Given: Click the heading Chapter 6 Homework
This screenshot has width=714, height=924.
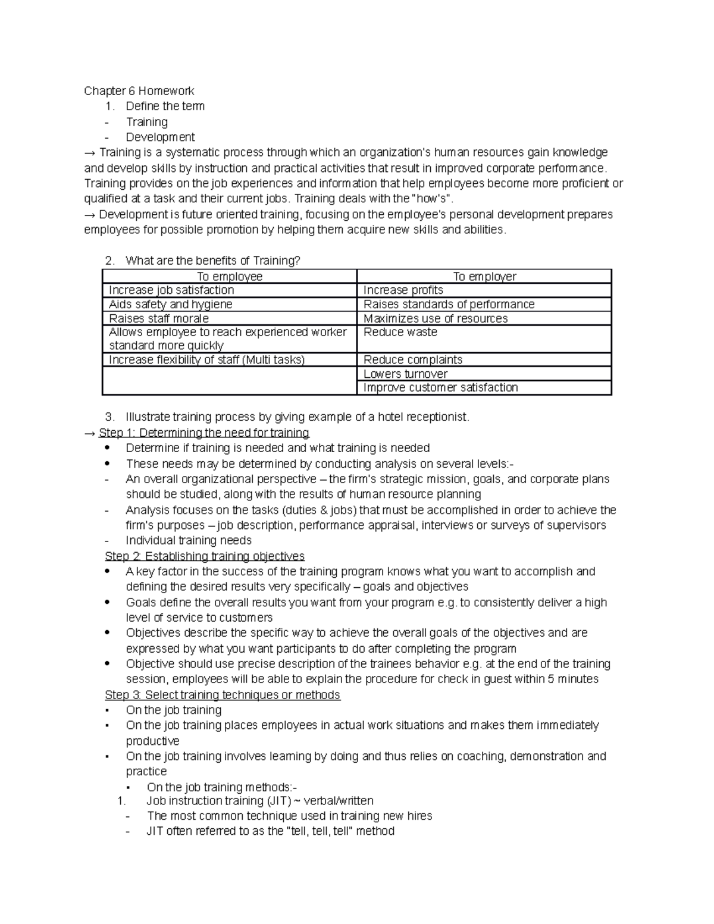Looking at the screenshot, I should [x=139, y=91].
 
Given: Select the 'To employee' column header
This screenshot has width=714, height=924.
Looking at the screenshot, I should [x=230, y=276].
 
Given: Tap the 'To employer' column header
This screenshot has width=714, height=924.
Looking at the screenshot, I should [x=484, y=276].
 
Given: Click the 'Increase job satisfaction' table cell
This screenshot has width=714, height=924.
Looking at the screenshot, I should [x=171, y=290].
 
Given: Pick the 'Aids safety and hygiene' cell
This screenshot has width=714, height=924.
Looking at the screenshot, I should [x=170, y=305].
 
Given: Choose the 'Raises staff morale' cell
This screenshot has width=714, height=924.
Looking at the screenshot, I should [x=158, y=318].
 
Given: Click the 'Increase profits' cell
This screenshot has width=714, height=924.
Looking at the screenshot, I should [x=403, y=290].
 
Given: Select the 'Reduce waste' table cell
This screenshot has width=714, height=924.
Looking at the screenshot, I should [x=400, y=333].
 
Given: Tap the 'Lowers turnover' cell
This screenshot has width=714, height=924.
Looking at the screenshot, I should [x=405, y=374].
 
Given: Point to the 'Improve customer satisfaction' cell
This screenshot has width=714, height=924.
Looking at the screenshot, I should [x=440, y=388].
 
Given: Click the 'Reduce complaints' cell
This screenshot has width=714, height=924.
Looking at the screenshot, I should [x=412, y=360].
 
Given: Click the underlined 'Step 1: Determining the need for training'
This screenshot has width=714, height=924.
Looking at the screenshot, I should [x=203, y=433].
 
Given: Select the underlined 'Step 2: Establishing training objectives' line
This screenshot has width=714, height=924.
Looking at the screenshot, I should [x=204, y=556].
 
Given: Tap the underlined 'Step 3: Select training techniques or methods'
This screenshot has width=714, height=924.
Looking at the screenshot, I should [x=222, y=695].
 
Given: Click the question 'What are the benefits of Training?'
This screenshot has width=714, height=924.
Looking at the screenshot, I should [x=213, y=261].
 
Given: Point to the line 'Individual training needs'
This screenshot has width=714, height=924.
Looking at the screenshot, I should [x=189, y=540].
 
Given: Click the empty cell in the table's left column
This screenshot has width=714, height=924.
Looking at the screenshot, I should [x=230, y=381].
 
